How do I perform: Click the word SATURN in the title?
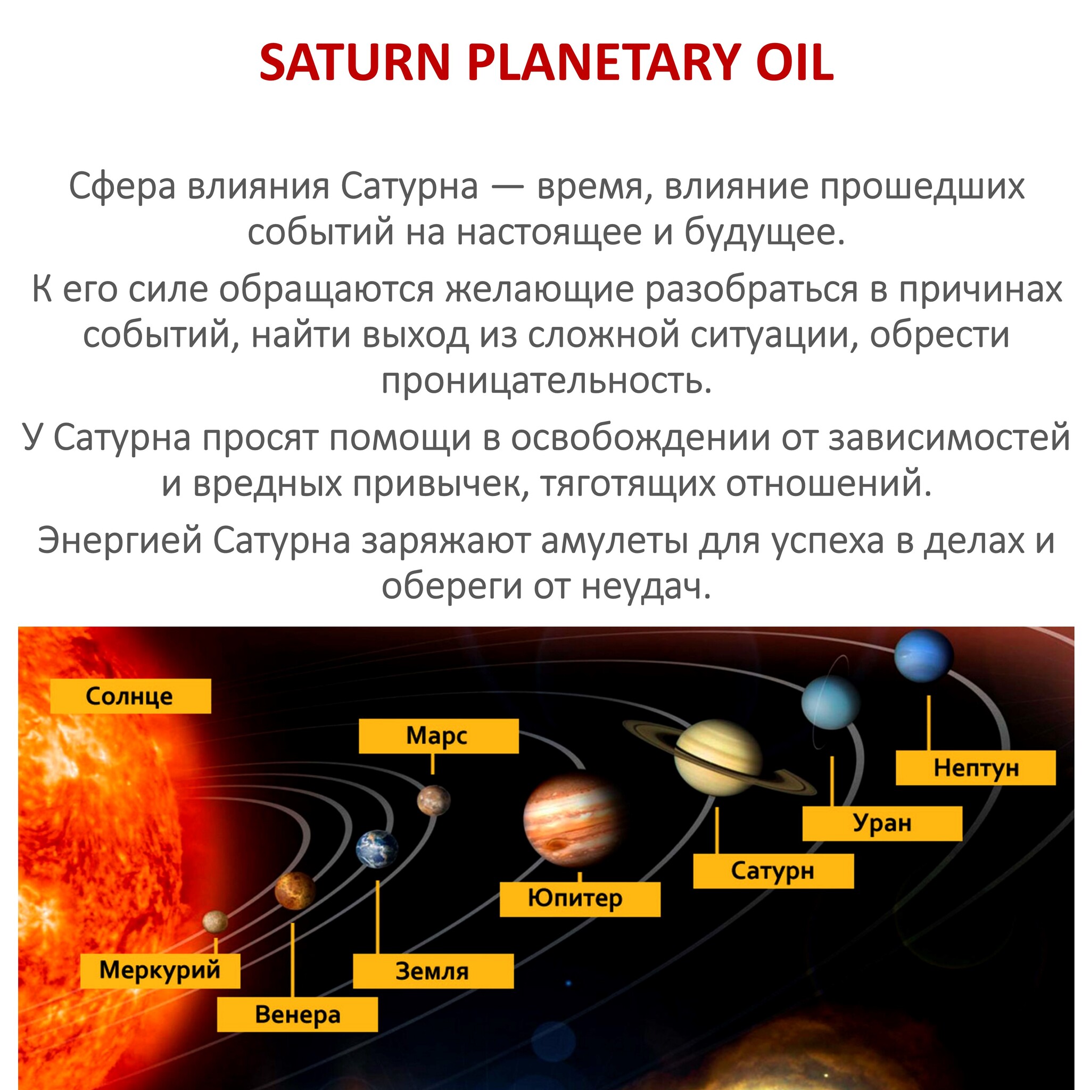pos(354,63)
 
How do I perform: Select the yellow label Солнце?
pos(130,696)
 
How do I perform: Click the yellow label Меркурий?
pos(160,970)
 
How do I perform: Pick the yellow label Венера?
pos(298,1014)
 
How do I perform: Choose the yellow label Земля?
pos(433,971)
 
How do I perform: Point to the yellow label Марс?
pos(439,736)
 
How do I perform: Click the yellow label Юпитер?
pos(580,899)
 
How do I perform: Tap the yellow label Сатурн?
pos(773,871)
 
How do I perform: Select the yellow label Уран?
pos(882,823)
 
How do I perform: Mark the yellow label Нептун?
pos(976,767)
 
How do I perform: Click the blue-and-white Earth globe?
pos(377,848)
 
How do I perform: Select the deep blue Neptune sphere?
pos(923,656)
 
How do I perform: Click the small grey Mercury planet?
pos(216,922)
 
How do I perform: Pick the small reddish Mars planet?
pos(434,800)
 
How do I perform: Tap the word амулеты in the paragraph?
pos(614,541)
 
